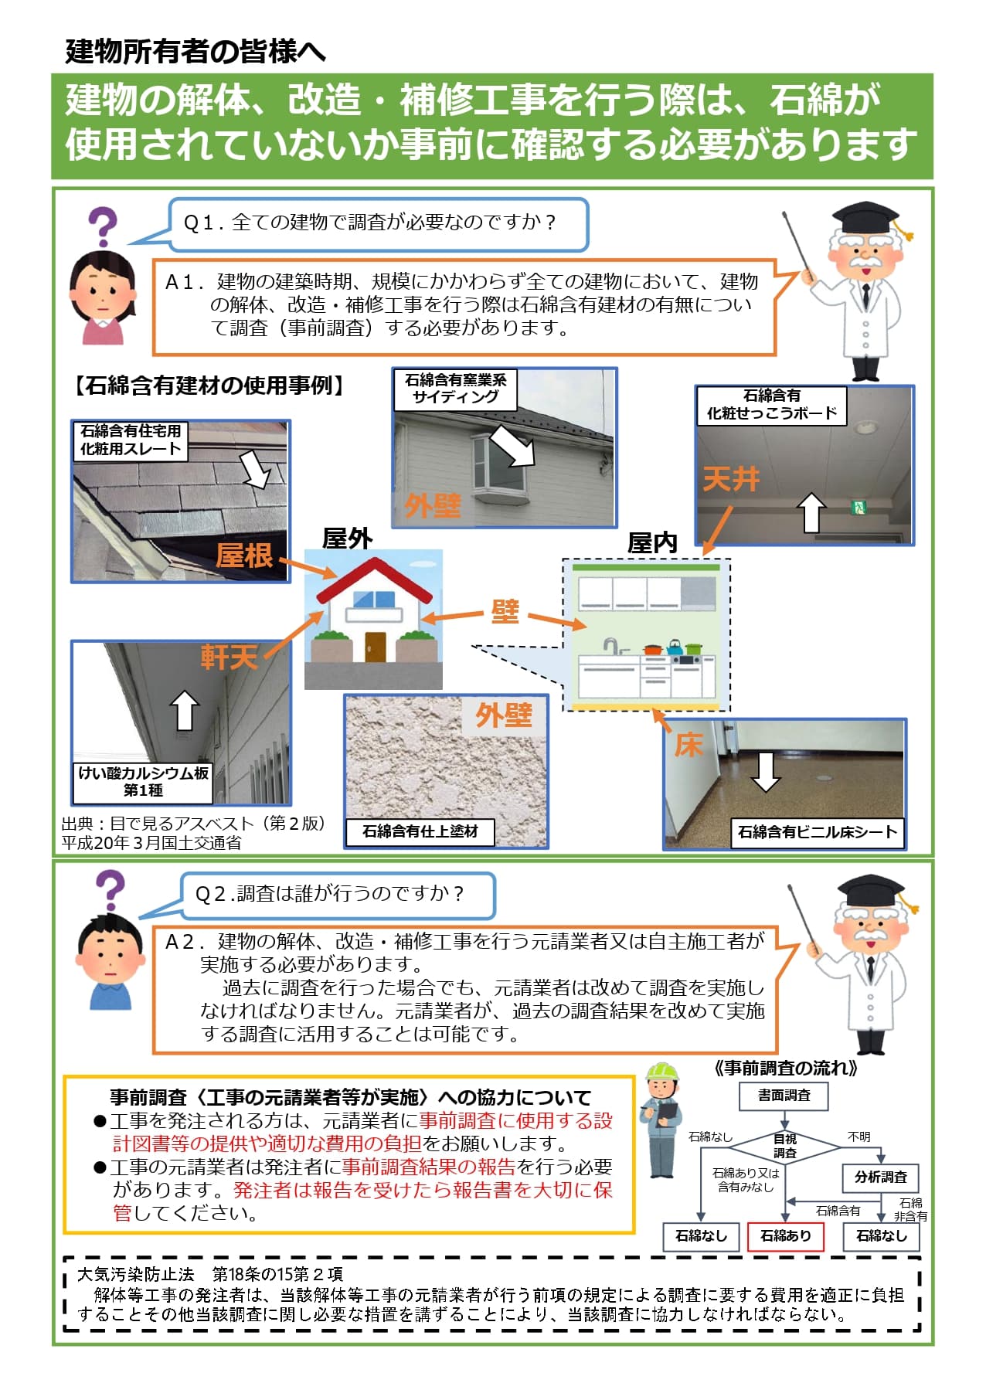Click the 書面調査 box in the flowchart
click(784, 1095)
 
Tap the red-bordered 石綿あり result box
click(785, 1235)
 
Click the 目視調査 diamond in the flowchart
click(784, 1145)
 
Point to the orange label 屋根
click(244, 556)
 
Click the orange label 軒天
click(229, 657)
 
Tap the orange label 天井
click(730, 480)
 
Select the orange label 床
click(688, 744)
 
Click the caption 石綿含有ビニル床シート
click(817, 831)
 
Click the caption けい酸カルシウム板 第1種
click(144, 781)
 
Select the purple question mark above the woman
click(102, 227)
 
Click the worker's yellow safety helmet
click(661, 1072)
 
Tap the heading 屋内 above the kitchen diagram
click(651, 543)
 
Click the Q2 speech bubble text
click(329, 894)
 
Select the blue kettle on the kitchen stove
click(675, 646)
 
